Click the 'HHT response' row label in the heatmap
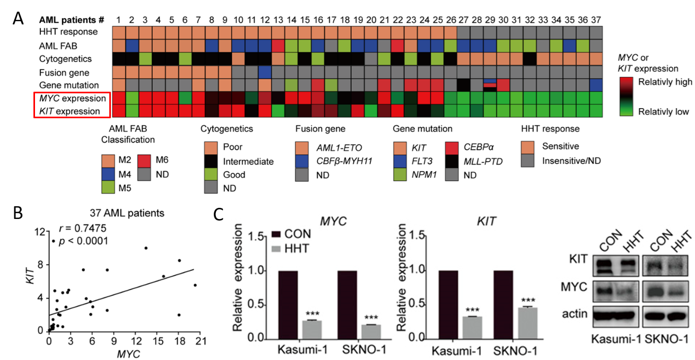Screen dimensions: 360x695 coord(68,32)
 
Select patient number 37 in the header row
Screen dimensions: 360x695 coord(595,20)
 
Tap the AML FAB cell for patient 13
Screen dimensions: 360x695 coord(278,46)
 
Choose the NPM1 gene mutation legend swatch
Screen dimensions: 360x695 coord(401,173)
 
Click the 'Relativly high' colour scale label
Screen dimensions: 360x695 coord(665,82)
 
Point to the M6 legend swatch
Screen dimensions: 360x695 coord(145,161)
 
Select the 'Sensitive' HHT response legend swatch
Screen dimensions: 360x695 coord(528,146)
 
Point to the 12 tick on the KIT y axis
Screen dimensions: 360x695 coord(37,232)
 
